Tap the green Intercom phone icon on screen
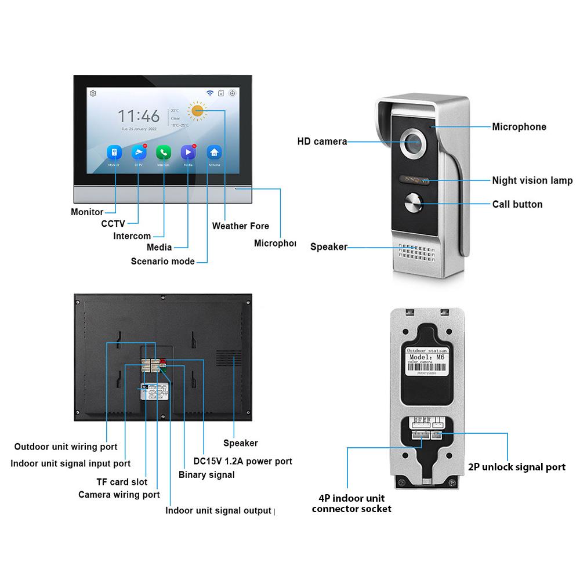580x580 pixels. coord(164,152)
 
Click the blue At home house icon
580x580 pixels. coord(214,152)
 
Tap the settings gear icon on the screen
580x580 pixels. coord(93,93)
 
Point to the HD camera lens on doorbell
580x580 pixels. coord(412,141)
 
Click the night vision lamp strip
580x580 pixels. coord(412,180)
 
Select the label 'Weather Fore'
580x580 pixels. coord(240,226)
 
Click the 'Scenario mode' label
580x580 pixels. coord(162,261)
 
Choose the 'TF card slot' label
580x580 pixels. coord(121,482)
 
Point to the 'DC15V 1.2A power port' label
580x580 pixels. coord(242,462)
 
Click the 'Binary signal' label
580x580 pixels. coord(206,475)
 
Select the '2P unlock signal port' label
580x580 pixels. coord(516,467)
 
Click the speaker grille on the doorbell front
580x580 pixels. coord(415,252)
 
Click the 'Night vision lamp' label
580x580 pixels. coord(532,180)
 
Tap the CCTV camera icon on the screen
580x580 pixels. coord(139,152)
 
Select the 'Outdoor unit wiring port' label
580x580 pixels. coord(66,447)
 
